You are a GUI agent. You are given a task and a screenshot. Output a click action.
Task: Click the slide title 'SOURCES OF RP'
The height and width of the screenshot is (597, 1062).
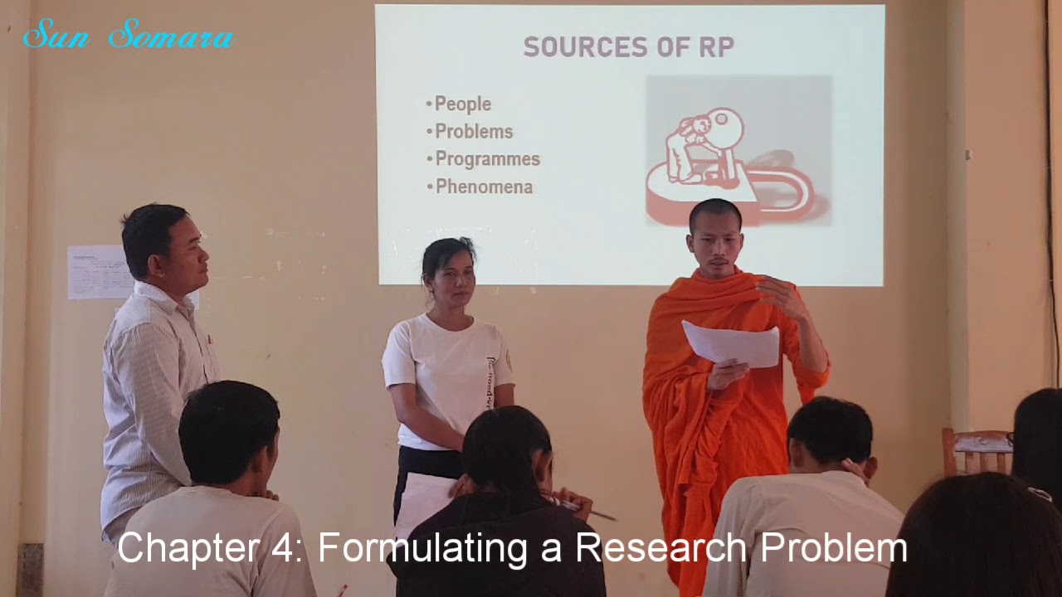tap(628, 48)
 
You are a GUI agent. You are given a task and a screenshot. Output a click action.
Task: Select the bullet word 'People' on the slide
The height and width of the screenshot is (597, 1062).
tap(463, 104)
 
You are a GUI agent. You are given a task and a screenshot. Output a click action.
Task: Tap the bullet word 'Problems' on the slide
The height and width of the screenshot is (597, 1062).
tap(474, 132)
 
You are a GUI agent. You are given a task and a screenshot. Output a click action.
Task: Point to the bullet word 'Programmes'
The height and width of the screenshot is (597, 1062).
tap(487, 159)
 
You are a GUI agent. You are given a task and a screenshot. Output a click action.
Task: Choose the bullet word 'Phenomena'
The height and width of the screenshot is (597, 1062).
tap(484, 187)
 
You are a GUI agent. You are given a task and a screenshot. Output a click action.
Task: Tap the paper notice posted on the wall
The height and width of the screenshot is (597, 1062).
tap(98, 272)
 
